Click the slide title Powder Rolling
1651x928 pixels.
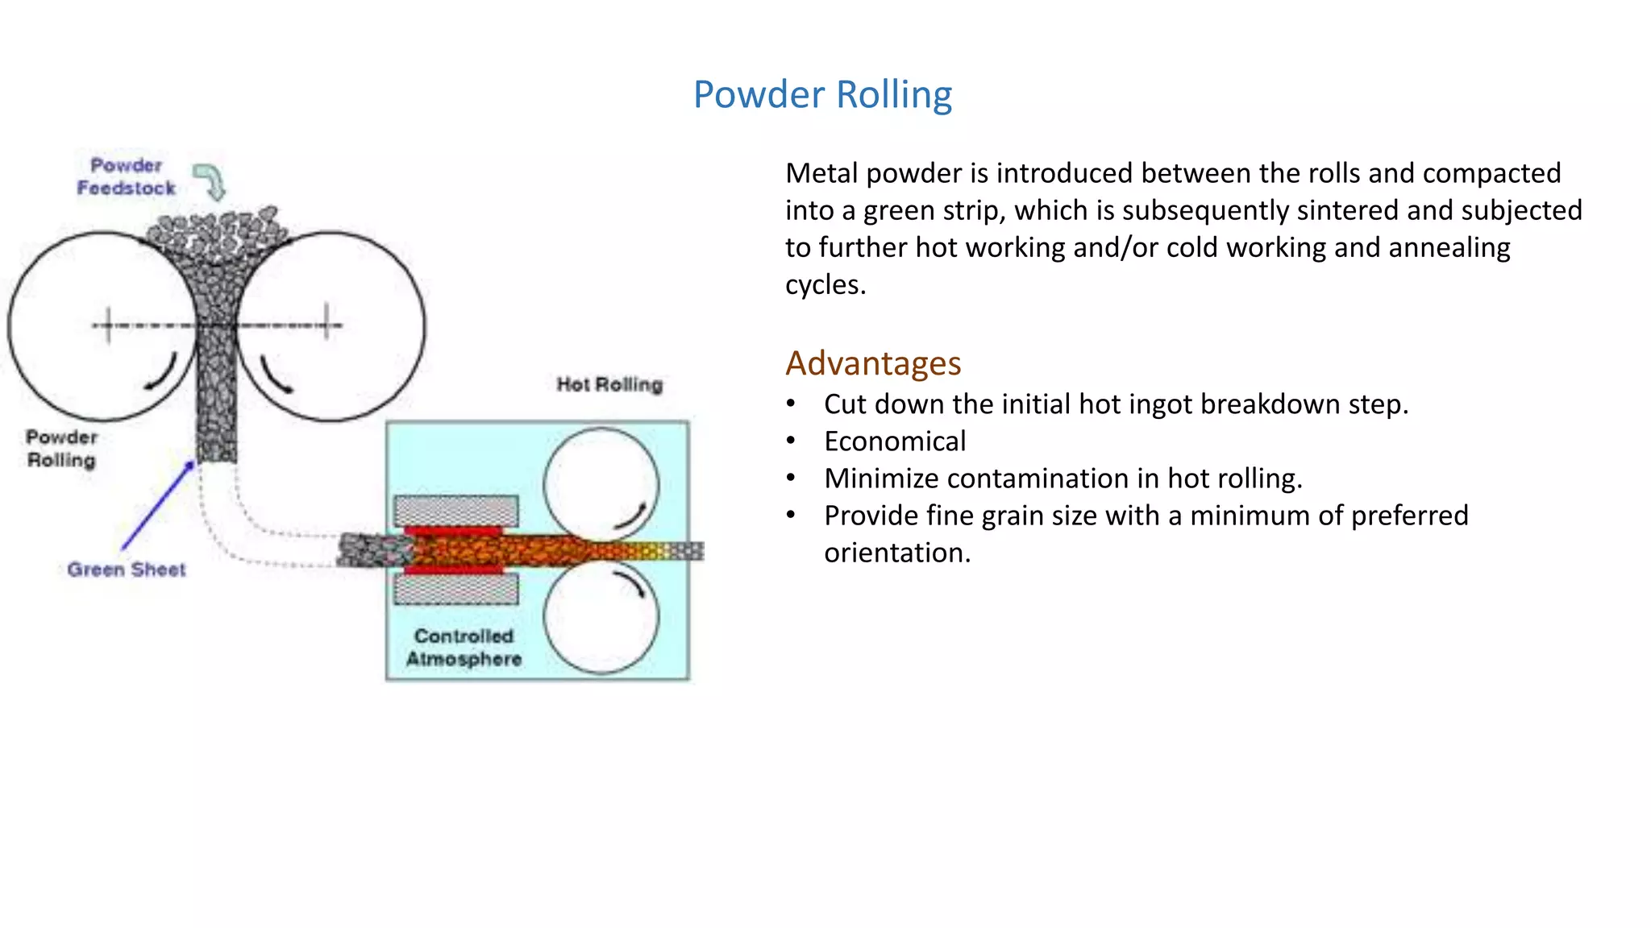[x=822, y=94]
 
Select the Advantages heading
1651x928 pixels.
[x=873, y=363]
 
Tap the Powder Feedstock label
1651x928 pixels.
[x=127, y=176]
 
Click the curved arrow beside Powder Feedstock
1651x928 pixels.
[x=211, y=181]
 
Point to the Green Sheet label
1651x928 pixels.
[x=127, y=570]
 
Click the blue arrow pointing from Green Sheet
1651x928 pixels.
[x=158, y=505]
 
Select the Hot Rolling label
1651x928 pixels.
[x=609, y=384]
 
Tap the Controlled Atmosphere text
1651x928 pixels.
[x=464, y=648]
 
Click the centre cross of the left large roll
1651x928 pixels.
[x=108, y=325]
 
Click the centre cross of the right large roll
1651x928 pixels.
[x=326, y=325]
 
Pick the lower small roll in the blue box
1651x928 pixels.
[x=601, y=617]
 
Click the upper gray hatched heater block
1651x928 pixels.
[x=456, y=511]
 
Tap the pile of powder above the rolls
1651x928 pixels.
[x=217, y=234]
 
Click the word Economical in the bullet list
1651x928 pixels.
[x=895, y=441]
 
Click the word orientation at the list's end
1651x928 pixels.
[x=896, y=553]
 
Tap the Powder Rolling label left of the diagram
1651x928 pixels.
[x=61, y=449]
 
